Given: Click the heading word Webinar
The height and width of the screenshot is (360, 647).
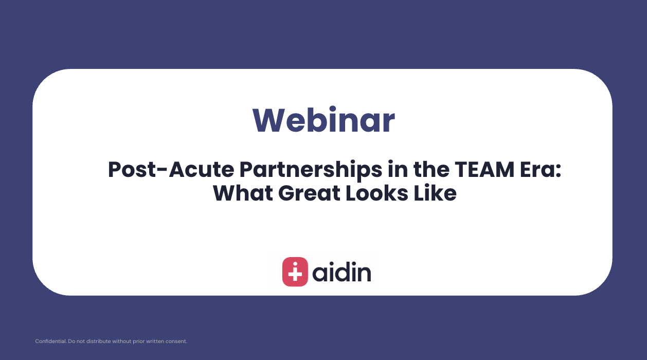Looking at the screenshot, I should point(323,120).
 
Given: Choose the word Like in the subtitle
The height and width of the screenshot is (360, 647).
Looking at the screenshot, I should point(435,193).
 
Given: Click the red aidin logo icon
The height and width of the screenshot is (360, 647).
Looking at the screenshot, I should point(295,272).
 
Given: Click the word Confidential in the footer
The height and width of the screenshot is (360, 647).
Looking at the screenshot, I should point(49,341).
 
